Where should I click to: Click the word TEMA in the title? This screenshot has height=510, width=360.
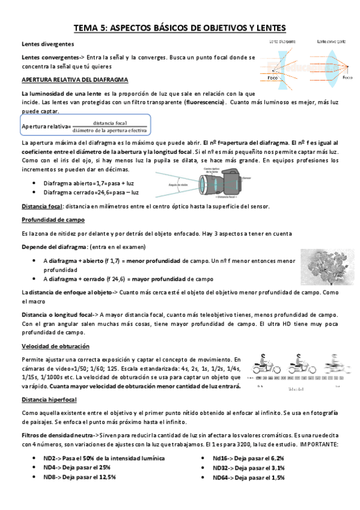click(x=85, y=28)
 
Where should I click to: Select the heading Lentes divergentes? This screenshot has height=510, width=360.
click(x=48, y=44)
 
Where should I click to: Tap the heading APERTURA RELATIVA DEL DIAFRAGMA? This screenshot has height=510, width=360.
click(x=74, y=79)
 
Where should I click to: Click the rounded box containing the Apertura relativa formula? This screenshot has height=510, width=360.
click(x=85, y=126)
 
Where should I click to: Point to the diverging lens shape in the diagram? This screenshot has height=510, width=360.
click(x=284, y=61)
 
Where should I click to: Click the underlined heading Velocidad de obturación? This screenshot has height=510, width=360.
click(x=55, y=346)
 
